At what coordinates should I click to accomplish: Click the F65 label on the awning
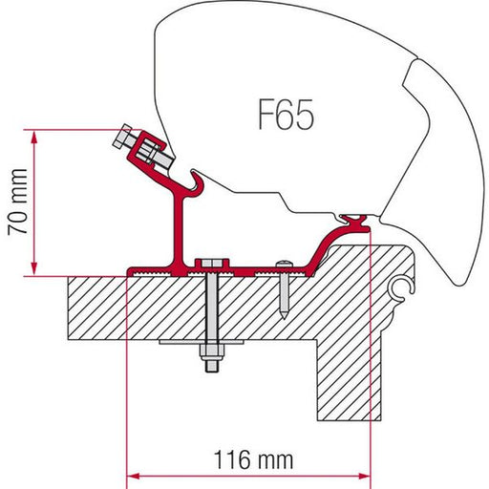(x=286, y=117)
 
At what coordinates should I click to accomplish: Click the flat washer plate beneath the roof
(x=209, y=345)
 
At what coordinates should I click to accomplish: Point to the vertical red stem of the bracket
(x=176, y=229)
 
